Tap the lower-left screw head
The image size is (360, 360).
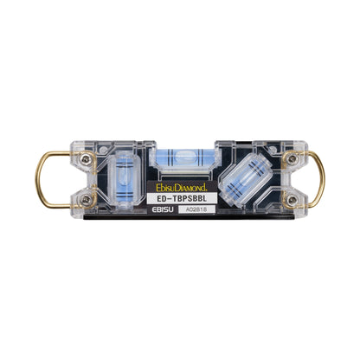(86, 199)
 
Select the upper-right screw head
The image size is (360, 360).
(292, 158)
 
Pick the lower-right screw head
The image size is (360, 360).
(292, 199)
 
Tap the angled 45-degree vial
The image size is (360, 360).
(246, 179)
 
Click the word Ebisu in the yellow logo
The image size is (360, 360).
(165, 188)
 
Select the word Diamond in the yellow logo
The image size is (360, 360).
(191, 188)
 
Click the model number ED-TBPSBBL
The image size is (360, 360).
(182, 198)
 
